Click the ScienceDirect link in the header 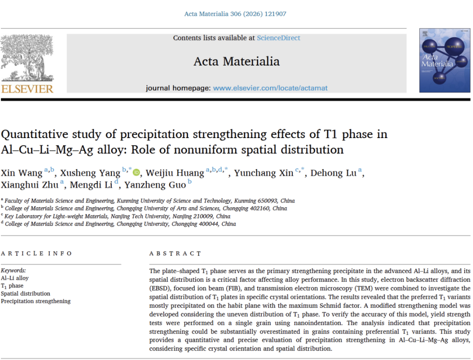click(x=278, y=38)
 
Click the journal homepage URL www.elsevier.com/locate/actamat click(x=270, y=88)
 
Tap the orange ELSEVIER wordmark click(x=27, y=89)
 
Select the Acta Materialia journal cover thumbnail click(x=445, y=60)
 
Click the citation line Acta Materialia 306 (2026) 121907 click(x=235, y=14)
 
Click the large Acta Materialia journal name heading click(x=236, y=61)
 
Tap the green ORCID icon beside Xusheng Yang click(x=136, y=173)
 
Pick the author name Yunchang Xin click(x=264, y=173)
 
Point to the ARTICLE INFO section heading click(x=36, y=253)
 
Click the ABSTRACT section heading click(x=175, y=253)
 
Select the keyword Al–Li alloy click(x=15, y=278)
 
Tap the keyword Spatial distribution click(x=25, y=293)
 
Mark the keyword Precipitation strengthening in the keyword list click(x=35, y=301)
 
